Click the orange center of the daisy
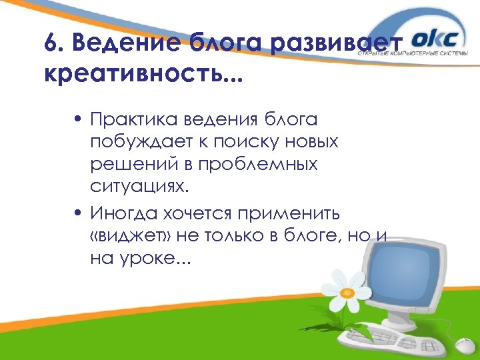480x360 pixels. [x=346, y=291]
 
